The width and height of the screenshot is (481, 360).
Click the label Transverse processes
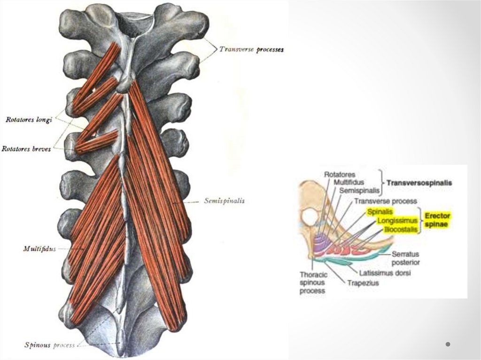pos(251,49)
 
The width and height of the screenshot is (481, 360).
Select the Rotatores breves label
pos(26,149)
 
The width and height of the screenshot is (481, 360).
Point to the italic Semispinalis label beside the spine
pos(225,200)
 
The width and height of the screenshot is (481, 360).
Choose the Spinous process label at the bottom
pos(49,345)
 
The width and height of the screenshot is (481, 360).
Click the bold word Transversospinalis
pos(419,183)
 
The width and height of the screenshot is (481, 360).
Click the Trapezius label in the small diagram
pos(363,283)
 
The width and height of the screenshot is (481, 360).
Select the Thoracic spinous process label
pos(312,283)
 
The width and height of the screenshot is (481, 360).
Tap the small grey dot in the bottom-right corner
pos(448,345)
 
